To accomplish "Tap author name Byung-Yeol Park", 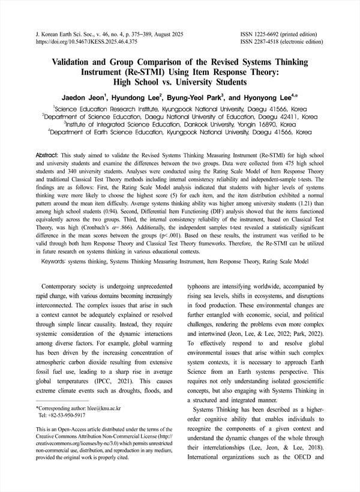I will [x=196, y=97].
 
